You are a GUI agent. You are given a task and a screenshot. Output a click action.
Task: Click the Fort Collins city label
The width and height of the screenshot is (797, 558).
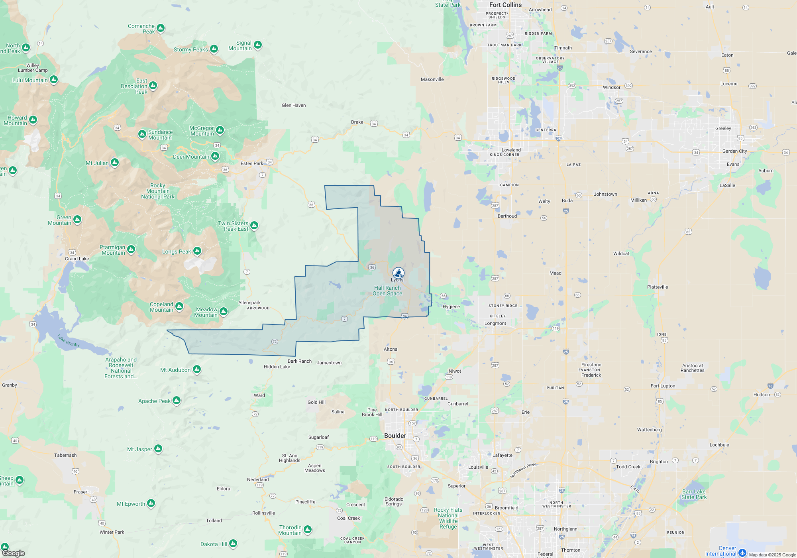(505, 5)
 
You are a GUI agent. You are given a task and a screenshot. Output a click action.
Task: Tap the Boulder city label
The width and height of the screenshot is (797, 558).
(395, 436)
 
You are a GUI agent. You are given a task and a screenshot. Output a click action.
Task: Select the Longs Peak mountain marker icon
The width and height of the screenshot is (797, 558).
(197, 251)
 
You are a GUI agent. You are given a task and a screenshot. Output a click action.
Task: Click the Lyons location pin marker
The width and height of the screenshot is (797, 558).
(398, 273)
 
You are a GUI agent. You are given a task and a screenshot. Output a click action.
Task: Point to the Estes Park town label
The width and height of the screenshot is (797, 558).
(252, 163)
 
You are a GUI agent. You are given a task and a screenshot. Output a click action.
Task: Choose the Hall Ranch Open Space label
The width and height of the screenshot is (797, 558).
(387, 291)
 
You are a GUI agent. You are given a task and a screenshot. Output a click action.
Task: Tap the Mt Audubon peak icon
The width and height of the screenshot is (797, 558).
(197, 369)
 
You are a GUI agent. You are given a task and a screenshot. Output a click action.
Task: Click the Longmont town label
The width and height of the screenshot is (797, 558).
(495, 323)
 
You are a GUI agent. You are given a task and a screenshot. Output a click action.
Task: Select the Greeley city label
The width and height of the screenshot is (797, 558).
(723, 128)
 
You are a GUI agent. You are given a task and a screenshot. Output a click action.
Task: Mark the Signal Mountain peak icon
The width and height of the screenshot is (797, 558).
(258, 45)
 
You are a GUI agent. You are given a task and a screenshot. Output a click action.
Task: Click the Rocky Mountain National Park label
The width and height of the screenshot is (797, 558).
(158, 191)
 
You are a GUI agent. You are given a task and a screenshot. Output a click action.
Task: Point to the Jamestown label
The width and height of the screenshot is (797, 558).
(329, 363)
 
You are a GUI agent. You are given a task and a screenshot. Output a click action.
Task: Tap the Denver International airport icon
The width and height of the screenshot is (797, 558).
(742, 553)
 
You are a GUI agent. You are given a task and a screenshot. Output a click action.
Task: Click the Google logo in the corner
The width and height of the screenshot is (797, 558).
(14, 553)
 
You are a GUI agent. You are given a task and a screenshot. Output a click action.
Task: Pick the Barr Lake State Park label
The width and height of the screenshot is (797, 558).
(694, 494)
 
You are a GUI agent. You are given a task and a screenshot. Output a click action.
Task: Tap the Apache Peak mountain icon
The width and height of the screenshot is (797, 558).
(177, 400)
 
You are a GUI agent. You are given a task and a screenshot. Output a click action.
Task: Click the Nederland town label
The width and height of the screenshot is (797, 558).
(258, 479)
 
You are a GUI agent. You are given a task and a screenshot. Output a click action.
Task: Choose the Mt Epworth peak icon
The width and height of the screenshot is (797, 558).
(151, 503)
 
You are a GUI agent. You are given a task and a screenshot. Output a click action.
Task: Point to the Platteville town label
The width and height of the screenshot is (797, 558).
(658, 287)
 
